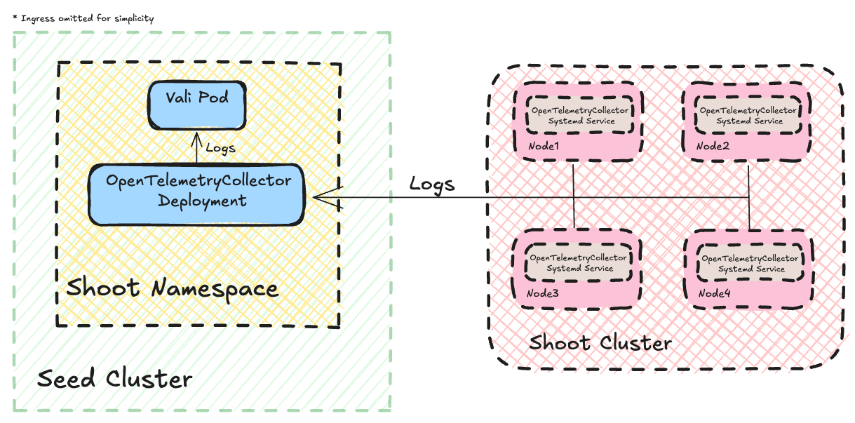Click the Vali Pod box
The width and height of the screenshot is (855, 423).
196,106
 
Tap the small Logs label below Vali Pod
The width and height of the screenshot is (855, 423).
220,149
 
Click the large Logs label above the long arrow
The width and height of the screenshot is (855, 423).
432,184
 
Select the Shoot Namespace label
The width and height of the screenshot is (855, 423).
172,288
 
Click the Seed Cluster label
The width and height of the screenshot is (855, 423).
114,380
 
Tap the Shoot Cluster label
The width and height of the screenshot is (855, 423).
600,343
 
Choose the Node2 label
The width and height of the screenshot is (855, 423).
713,146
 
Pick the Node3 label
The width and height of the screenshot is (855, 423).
544,293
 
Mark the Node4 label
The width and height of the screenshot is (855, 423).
715,293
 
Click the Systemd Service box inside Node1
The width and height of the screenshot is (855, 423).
580,116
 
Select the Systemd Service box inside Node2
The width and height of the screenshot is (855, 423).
748,116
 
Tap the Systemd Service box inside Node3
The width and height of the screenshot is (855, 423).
579,263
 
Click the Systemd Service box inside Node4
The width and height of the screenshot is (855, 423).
750,264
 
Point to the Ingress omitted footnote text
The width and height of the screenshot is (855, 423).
83,18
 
